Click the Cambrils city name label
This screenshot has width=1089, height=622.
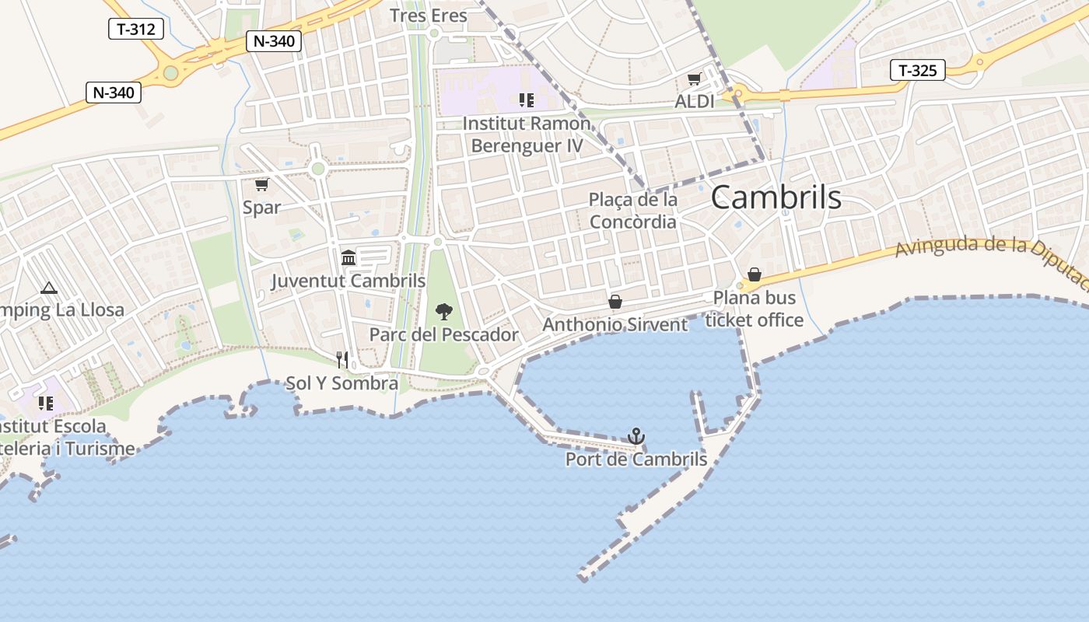point(776,197)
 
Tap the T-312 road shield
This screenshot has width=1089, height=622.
point(135,30)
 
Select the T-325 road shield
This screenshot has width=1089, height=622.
point(917,71)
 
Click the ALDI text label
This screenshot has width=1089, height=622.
point(694,101)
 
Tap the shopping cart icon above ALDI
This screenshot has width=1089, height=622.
point(694,79)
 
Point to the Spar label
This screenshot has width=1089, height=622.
point(261,208)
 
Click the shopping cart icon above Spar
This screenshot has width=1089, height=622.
point(261,184)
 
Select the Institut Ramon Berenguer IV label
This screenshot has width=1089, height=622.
point(527,135)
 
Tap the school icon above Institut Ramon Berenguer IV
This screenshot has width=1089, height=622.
point(527,100)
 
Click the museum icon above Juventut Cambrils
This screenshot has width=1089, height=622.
point(348,257)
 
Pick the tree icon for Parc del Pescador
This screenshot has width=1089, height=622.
point(443,312)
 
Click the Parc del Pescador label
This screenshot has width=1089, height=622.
point(443,335)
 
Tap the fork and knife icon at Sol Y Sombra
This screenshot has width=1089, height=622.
point(341,359)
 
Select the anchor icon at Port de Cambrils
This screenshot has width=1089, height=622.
point(636,435)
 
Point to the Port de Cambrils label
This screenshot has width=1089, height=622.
point(636,460)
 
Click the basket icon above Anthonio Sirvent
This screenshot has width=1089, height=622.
point(615,302)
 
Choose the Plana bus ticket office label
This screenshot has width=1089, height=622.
point(755,309)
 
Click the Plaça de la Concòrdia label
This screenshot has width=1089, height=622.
point(633,211)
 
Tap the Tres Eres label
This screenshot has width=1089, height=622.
point(429,16)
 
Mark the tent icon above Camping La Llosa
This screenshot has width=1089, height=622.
point(49,288)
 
